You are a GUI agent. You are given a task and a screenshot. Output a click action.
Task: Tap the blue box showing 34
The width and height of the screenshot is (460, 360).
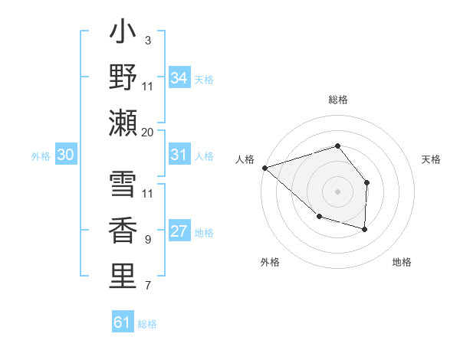(179, 77)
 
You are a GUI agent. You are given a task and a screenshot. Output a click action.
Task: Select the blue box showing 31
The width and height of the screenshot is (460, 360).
(179, 155)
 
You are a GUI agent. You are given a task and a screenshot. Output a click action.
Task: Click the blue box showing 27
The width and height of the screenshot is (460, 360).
(179, 231)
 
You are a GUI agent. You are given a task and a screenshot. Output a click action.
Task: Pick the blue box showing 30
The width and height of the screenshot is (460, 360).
(65, 155)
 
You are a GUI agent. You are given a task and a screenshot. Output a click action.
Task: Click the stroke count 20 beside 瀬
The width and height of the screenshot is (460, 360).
(147, 132)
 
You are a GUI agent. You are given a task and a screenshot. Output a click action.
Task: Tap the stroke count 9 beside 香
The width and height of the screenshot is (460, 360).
(147, 240)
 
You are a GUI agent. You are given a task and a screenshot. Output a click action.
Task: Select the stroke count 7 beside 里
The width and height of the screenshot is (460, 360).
(147, 286)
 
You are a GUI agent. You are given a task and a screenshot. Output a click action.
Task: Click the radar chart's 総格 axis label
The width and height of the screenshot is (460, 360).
(338, 100)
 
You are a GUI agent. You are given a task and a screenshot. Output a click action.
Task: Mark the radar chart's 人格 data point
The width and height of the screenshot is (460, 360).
(264, 168)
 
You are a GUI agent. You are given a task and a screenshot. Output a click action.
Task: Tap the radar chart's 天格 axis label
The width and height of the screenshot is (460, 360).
(432, 159)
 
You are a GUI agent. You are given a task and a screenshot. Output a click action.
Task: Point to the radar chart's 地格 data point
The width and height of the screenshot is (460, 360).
(365, 229)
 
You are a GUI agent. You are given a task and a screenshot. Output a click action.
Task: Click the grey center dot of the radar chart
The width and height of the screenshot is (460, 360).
(337, 191)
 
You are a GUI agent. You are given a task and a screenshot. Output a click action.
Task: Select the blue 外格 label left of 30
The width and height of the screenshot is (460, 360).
(41, 155)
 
